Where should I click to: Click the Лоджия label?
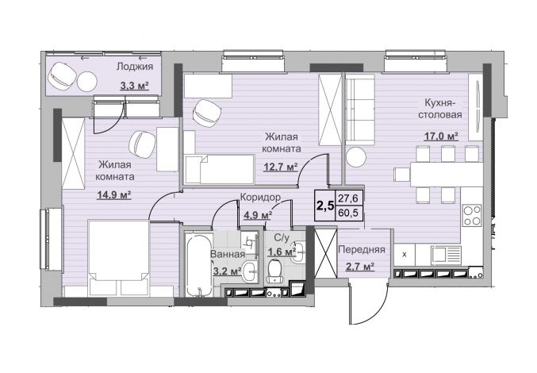(x=135, y=67)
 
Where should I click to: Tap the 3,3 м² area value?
(x=134, y=86)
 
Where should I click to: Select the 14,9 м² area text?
(x=114, y=195)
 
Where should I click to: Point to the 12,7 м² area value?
(x=281, y=167)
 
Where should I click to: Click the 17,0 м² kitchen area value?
(x=442, y=137)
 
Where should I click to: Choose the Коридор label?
(x=260, y=198)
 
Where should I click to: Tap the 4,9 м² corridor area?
(x=258, y=215)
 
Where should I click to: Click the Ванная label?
(x=228, y=254)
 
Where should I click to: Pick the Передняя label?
(x=362, y=250)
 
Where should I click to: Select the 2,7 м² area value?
(x=359, y=267)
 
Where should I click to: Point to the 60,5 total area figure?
(x=348, y=213)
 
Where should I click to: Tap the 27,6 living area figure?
(x=348, y=198)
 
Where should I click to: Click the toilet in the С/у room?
(x=274, y=271)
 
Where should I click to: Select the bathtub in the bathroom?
(x=198, y=264)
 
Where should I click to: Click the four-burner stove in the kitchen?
(x=472, y=215)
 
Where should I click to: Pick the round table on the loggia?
(x=87, y=82)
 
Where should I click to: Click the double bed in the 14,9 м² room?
(x=119, y=258)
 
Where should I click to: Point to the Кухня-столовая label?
(x=440, y=108)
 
